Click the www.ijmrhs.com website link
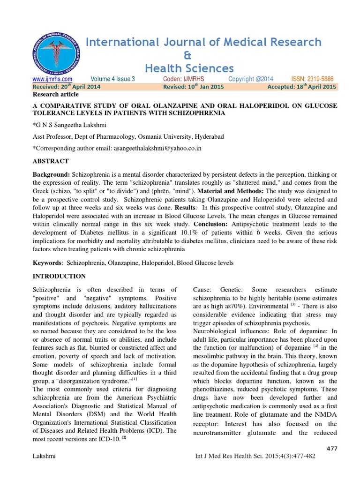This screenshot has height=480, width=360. [x=52, y=79]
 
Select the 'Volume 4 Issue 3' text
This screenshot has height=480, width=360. [x=112, y=79]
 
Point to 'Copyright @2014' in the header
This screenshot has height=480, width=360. [x=251, y=79]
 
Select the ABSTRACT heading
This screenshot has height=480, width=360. [x=50, y=161]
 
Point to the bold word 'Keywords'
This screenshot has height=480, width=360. [x=47, y=263]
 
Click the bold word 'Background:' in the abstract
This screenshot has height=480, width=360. [x=51, y=174]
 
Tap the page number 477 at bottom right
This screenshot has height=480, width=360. [x=331, y=449]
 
